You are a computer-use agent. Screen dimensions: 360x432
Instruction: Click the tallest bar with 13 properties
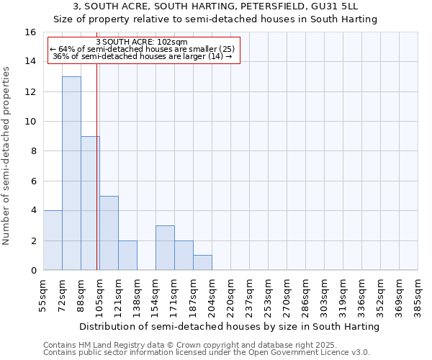click(71, 173)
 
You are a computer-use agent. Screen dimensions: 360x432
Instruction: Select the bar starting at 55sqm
click(53, 240)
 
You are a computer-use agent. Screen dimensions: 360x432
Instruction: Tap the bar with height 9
click(90, 203)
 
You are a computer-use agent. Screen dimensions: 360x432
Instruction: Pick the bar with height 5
click(109, 233)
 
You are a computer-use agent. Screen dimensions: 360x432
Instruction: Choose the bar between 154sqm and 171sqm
click(165, 248)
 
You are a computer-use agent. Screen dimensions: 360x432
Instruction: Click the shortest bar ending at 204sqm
click(202, 263)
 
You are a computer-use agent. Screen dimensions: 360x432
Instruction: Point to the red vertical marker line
click(96, 166)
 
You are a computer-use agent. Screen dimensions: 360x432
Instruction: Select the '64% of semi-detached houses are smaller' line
click(142, 49)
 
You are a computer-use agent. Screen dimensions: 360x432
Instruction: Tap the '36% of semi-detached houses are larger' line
click(142, 55)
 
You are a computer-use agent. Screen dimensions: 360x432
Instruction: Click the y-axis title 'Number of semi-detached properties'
click(7, 155)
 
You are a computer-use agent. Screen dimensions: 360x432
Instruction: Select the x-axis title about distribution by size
click(229, 326)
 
